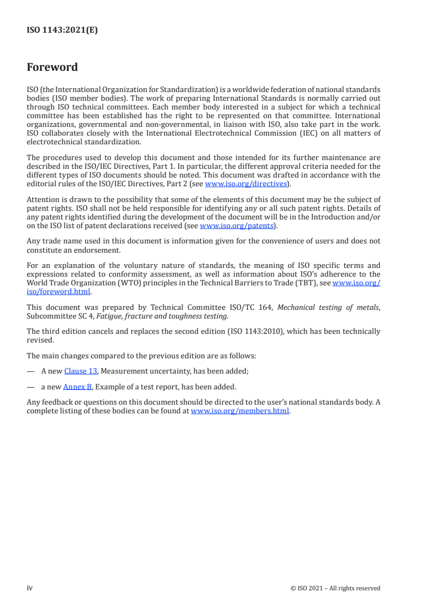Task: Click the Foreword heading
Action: [x=52, y=68]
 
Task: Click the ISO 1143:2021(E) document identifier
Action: [x=62, y=30]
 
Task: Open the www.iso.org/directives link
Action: [x=246, y=184]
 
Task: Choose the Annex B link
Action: [x=77, y=387]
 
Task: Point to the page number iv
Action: [x=30, y=588]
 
